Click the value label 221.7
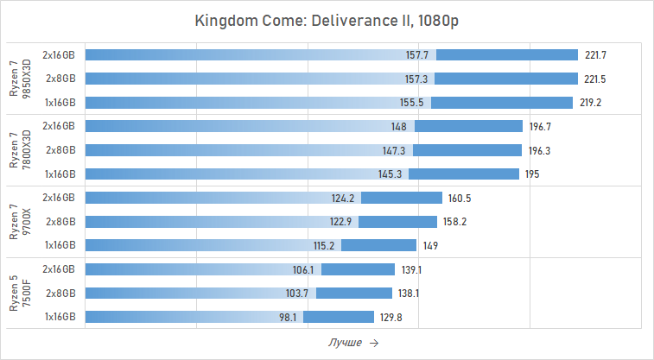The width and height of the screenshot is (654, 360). [x=595, y=54]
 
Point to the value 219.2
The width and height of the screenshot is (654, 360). [x=590, y=102]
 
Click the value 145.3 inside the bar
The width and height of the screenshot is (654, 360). [x=394, y=174]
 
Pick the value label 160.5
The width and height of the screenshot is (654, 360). [x=459, y=198]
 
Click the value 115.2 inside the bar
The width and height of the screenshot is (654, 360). [x=326, y=245]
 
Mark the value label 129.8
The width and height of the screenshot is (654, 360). [x=390, y=317]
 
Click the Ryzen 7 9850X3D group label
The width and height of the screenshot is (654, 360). [x=19, y=79]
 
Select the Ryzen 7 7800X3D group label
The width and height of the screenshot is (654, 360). [x=19, y=150]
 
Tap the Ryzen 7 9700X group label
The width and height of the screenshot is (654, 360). [x=19, y=222]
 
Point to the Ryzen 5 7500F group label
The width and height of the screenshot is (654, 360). [x=19, y=294]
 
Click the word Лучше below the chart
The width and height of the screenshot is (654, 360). [x=345, y=343]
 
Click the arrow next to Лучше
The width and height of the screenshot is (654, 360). [x=373, y=343]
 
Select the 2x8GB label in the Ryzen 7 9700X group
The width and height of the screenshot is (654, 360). [x=60, y=222]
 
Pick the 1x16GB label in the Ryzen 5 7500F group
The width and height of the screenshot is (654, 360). [x=60, y=317]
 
